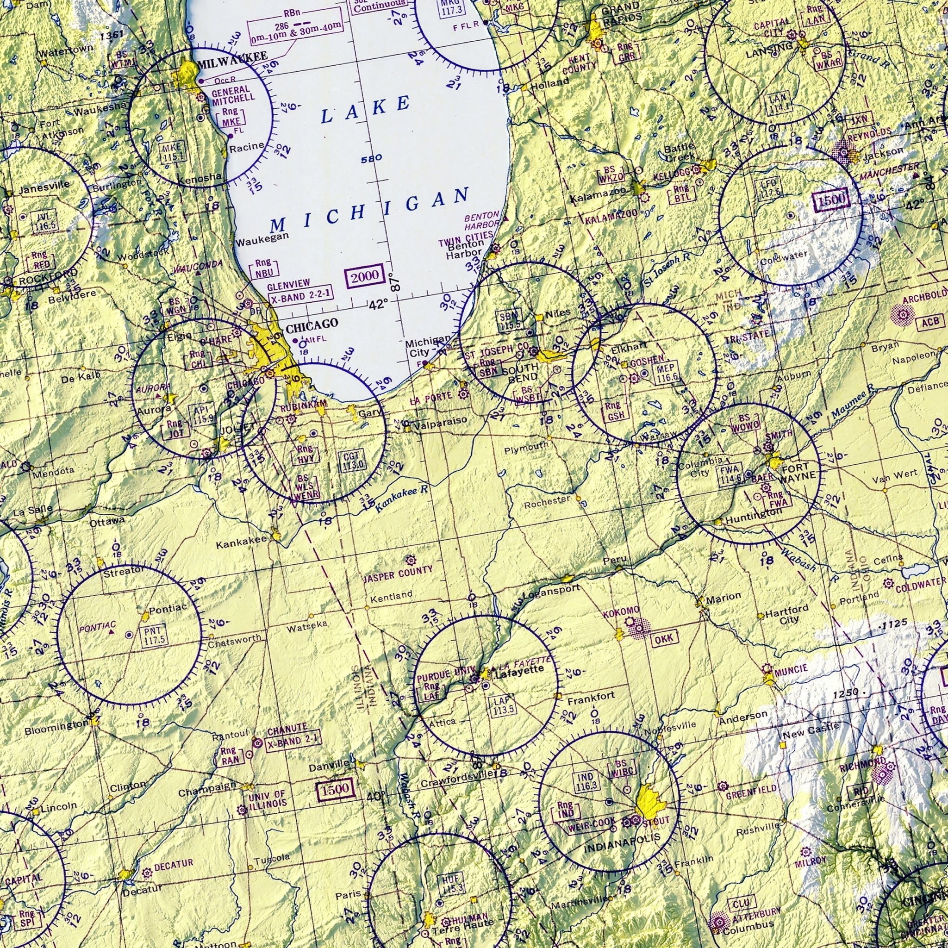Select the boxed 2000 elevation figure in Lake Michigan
click(365, 276)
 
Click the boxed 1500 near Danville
click(336, 789)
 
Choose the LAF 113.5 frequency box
click(505, 705)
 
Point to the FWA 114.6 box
click(730, 474)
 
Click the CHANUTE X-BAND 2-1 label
click(292, 735)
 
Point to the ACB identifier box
click(929, 322)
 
